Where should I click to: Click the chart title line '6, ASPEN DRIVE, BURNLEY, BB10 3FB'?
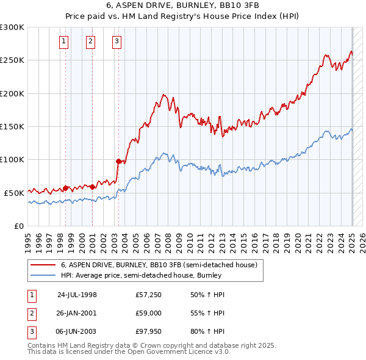(182, 5)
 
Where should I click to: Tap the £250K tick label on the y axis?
(12, 60)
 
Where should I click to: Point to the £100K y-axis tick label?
(12, 159)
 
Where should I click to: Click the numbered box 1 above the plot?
(65, 41)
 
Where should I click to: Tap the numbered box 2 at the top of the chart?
(91, 41)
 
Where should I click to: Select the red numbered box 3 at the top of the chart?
(117, 41)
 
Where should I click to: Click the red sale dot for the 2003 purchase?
(118, 161)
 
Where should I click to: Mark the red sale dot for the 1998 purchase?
(65, 188)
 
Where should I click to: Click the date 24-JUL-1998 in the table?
(77, 295)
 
